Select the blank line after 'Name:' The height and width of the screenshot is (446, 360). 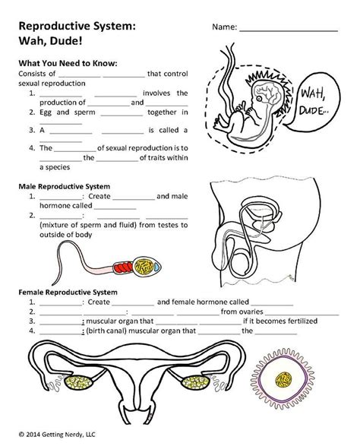pyautogui.click(x=289, y=29)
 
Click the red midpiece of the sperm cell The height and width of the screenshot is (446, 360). pyautogui.click(x=123, y=267)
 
